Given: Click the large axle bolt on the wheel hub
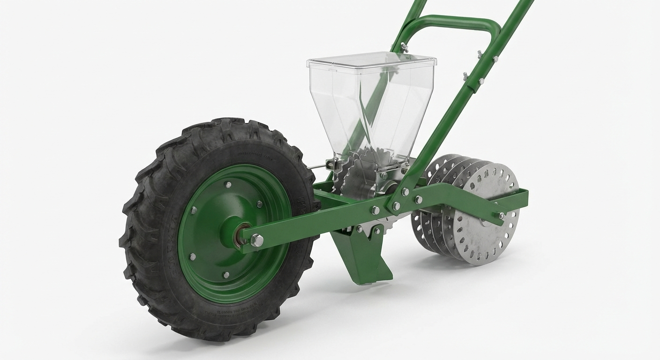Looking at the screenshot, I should pos(256,240).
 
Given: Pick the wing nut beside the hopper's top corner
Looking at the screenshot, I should pos(403,47).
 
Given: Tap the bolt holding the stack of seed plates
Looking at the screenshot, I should pos(501,216).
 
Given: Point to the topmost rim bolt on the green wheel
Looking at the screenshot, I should pos(228,185).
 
